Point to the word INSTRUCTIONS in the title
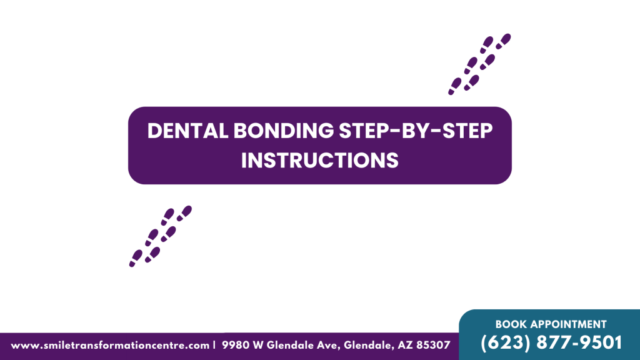coord(320,160)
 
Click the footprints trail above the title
coord(479,64)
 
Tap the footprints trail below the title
coord(160,236)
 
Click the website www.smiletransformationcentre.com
coord(110,345)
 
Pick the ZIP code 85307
coord(432,345)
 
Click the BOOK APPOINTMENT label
coord(551,324)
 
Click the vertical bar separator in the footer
coord(214,345)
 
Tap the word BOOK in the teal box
coord(510,324)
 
